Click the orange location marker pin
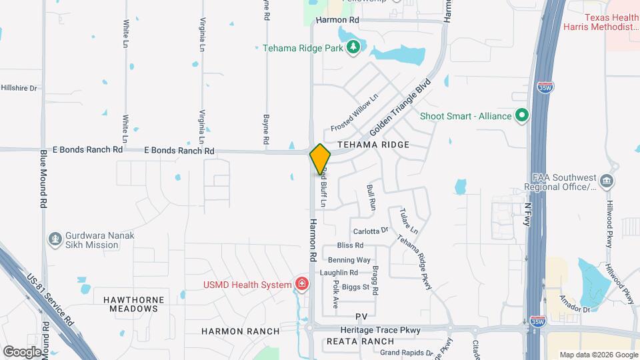320,159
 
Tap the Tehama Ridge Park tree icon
353,47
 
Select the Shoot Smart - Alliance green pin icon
523,116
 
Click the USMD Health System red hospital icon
302,285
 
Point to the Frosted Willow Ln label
355,113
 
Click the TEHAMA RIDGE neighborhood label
373,145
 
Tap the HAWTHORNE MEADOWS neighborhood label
131,304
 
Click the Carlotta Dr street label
371,231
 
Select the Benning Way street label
349,259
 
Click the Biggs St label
356,287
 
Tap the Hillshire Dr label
19,87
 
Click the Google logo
23,351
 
